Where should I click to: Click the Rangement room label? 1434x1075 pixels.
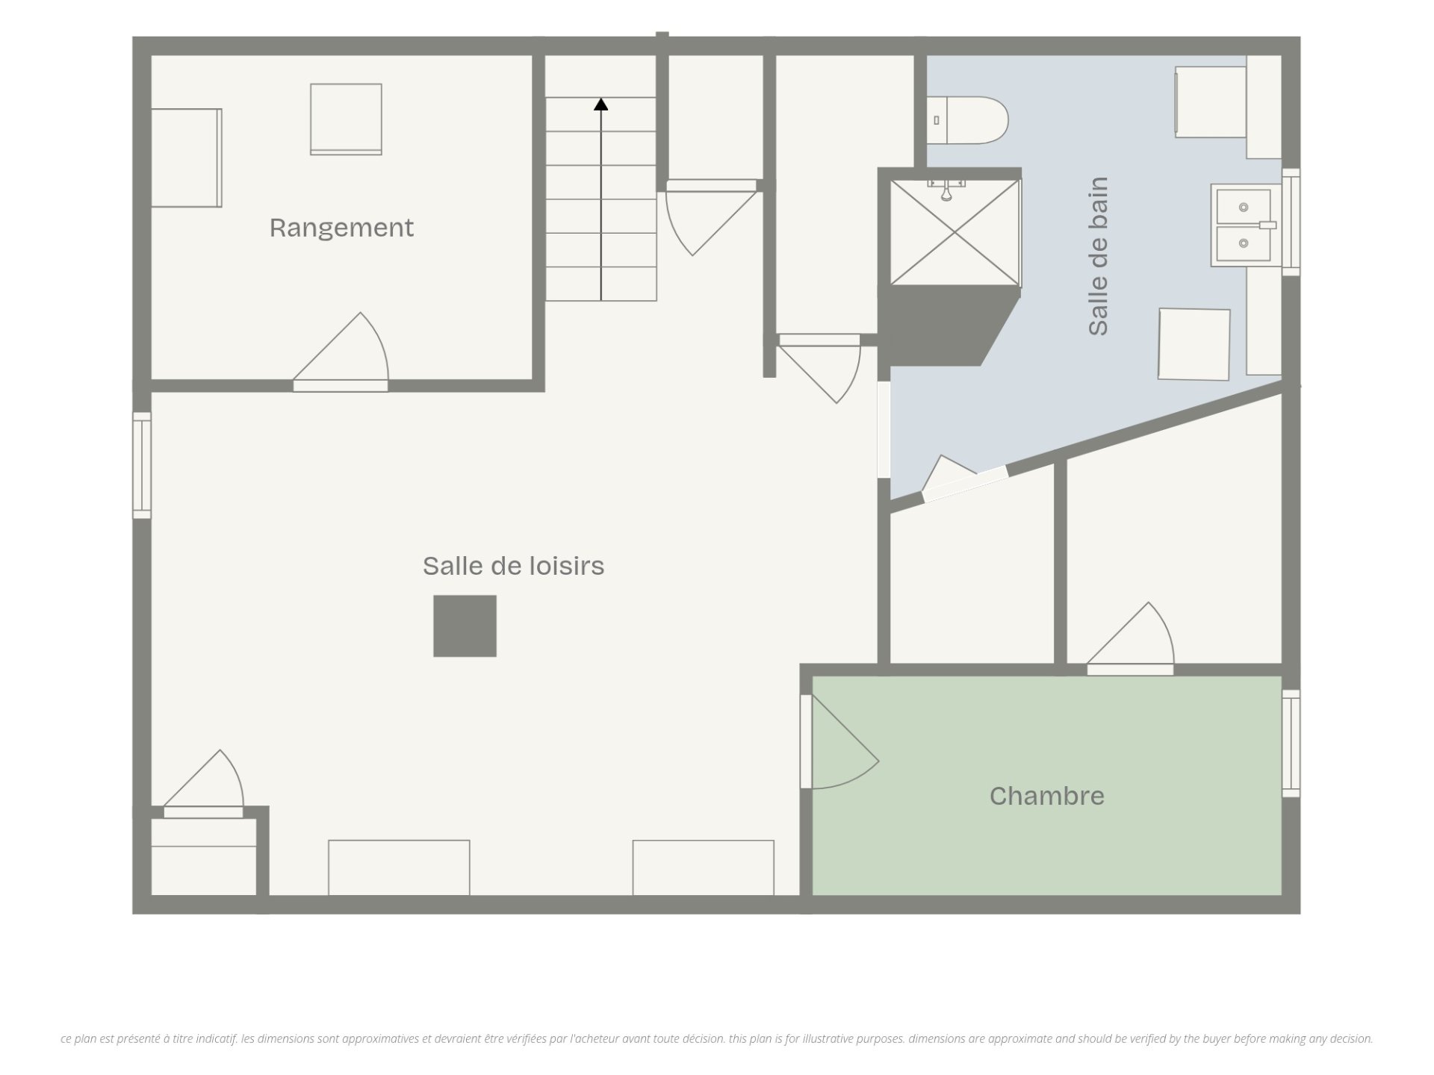341,228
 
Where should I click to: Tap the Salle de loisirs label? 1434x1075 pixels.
514,566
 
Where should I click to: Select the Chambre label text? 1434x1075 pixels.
1046,796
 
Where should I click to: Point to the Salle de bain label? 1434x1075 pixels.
1098,256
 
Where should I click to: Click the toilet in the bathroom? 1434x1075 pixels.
967,120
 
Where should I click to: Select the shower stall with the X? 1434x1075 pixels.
955,232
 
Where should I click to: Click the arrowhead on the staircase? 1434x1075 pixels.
601,105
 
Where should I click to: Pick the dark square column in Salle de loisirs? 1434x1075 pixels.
465,626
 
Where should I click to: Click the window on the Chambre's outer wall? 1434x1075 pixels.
1291,744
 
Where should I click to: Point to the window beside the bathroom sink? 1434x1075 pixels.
1291,222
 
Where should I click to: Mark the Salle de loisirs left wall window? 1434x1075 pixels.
142,465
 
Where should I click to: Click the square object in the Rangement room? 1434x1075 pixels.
346,119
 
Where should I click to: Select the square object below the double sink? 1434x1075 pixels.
1194,344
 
